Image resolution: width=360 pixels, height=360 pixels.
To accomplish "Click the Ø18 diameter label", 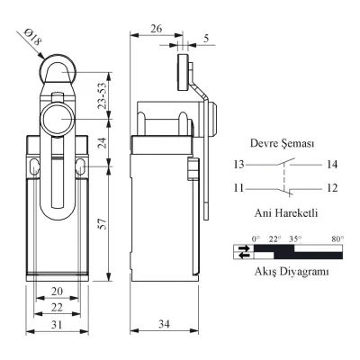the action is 32,37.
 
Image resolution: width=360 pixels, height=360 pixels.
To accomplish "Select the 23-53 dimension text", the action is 103,95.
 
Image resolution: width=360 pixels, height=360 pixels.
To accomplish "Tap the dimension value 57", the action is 103,224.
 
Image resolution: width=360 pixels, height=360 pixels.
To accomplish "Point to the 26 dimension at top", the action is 156,29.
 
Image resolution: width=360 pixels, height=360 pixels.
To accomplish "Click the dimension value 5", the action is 206,39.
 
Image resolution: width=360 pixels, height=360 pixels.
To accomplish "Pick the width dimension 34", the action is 164,324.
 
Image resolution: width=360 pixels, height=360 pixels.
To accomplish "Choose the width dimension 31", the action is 57,324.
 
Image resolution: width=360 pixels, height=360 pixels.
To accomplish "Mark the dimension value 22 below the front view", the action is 57,307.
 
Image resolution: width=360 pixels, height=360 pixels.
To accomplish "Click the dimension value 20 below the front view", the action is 57,292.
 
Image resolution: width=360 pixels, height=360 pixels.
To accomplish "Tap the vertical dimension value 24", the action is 103,143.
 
